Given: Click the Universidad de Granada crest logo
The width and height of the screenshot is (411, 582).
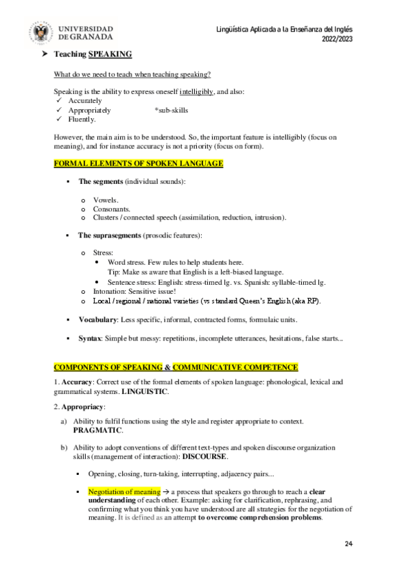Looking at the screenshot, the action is [x=42, y=32].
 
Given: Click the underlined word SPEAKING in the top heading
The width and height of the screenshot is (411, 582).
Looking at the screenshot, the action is [x=110, y=54].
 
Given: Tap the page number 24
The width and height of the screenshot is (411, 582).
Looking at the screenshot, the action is [x=349, y=544].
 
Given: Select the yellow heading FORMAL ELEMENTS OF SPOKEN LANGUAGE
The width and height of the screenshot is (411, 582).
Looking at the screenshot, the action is [x=138, y=163].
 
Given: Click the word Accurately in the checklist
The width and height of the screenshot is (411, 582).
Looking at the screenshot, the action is [x=85, y=101].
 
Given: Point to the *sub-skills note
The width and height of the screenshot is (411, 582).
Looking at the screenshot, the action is [x=172, y=110].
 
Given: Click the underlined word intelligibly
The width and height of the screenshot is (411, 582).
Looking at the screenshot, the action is [x=196, y=91].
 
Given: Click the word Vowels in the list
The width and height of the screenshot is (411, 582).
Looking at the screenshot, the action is [x=106, y=200].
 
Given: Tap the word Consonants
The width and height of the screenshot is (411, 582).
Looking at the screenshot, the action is [x=112, y=209].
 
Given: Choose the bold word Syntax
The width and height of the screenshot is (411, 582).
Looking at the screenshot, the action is [x=90, y=339].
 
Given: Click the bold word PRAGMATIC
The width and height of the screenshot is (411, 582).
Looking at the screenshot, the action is [x=97, y=430].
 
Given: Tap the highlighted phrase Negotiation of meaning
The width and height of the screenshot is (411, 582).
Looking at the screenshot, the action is [x=124, y=492].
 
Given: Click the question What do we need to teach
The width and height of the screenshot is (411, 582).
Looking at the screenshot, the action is [x=132, y=74].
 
